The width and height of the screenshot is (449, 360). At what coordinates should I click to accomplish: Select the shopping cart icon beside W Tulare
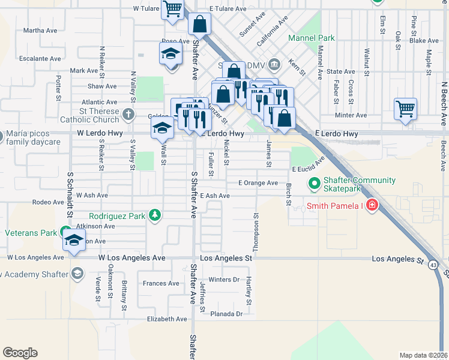point(173,10)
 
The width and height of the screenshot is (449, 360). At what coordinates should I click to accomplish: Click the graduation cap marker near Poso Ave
point(171,55)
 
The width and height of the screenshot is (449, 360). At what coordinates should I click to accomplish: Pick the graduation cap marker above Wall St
point(161,128)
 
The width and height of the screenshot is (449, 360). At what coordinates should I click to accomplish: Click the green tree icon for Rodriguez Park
point(155,215)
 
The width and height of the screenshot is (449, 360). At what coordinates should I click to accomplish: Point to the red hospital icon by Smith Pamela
point(372,206)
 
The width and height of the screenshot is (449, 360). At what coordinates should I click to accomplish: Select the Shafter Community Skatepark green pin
point(313,183)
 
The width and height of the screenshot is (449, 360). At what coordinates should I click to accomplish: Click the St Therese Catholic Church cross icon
point(128,114)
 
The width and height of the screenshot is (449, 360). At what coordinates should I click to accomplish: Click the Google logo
point(20,353)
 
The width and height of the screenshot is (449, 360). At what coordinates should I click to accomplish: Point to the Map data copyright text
point(423,355)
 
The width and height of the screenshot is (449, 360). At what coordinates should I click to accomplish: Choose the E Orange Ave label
point(258,182)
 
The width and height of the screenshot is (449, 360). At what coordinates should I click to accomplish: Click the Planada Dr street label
point(226,314)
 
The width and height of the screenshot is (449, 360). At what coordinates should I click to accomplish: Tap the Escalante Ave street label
point(40,59)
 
